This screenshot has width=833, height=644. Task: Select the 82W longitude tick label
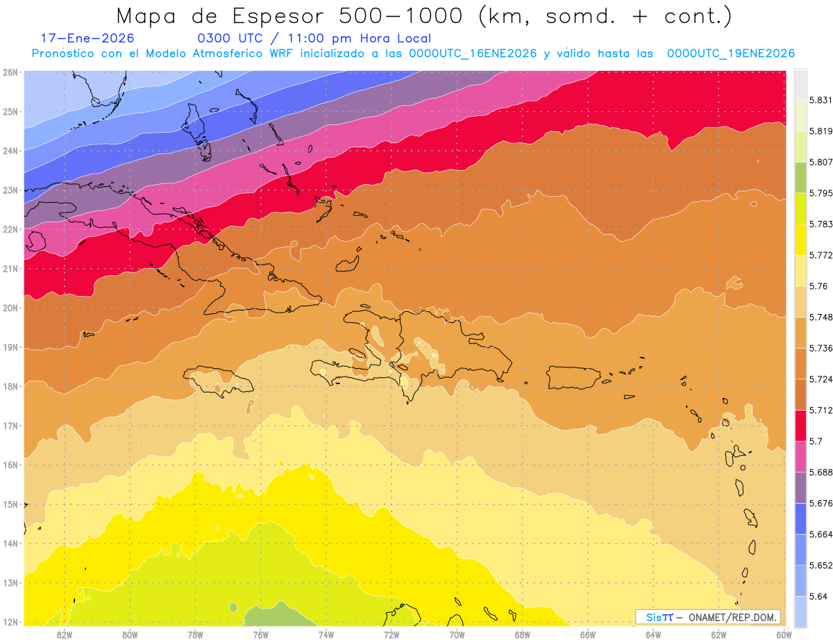pos(65,634)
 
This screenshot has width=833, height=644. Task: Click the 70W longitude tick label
pos(457,634)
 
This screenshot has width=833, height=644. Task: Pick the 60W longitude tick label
pos(784,634)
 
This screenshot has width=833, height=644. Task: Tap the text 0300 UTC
pos(230,39)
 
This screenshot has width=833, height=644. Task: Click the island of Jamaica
pos(217,381)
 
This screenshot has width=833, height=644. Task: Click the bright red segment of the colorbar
pos(800,424)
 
